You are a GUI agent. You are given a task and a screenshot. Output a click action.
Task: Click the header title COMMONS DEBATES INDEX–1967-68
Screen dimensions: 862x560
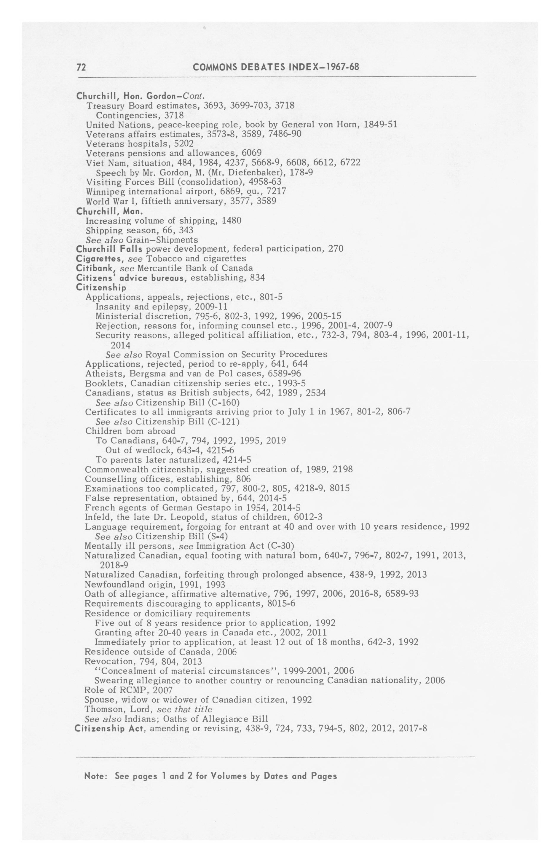click(276, 67)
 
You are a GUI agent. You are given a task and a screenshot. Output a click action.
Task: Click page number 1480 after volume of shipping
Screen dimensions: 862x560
click(232, 220)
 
